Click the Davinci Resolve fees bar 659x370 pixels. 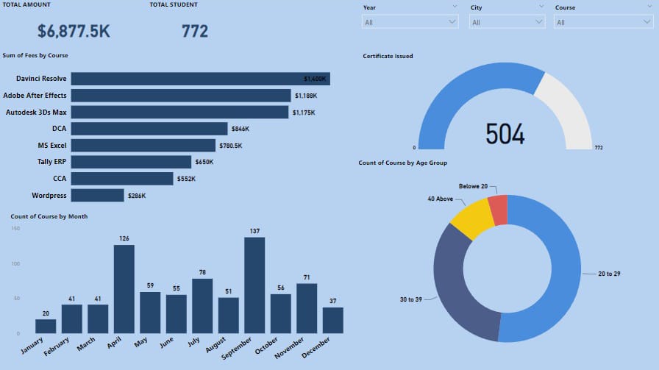(200, 79)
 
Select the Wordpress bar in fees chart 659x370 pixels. (98, 196)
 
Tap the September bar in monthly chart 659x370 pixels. (254, 285)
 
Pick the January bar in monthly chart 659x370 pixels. (46, 326)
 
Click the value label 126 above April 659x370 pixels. (124, 238)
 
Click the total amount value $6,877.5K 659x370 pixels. (74, 31)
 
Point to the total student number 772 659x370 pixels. (195, 31)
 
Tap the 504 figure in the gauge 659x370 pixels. (505, 134)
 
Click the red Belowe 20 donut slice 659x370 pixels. (499, 210)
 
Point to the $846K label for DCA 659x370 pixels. (240, 129)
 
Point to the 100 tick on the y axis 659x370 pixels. (16, 263)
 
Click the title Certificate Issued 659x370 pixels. (388, 56)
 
